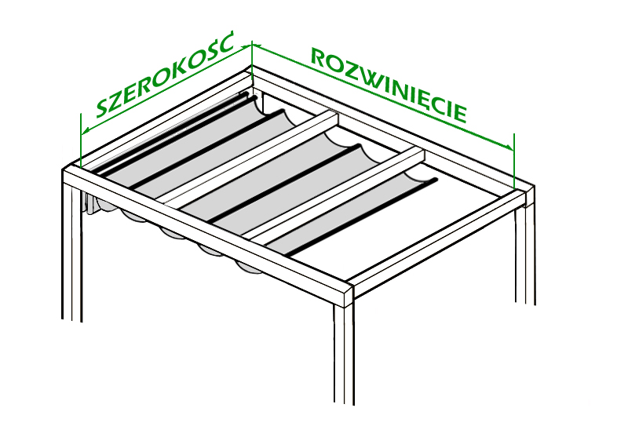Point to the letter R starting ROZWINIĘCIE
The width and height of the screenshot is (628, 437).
pos(319,57)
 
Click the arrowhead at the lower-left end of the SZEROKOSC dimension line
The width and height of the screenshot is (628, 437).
pos(85,131)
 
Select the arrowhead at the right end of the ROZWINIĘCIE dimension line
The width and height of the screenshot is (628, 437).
pos(509,147)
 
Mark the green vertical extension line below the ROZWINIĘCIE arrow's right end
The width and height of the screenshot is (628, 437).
pos(514,162)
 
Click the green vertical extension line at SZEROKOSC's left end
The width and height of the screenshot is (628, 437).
pos(81,140)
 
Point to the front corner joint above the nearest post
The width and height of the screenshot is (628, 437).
pos(346,294)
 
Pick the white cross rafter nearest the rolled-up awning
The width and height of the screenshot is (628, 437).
pos(247,158)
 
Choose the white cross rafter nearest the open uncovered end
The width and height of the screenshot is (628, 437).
pos(337,195)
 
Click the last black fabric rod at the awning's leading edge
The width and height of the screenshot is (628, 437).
pos(363,217)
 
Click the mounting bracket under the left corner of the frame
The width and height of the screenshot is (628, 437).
pos(90,203)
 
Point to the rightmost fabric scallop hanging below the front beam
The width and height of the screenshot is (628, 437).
pos(248,268)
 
